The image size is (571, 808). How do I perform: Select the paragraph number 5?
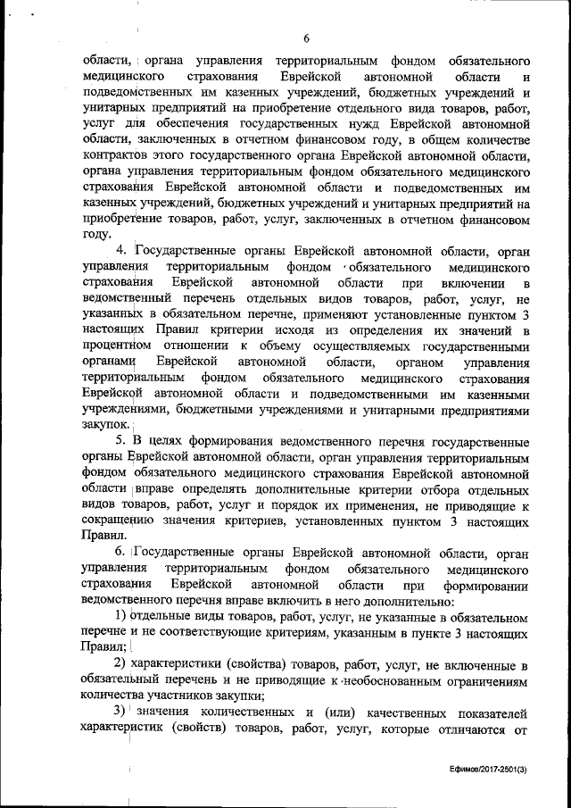point(123,440)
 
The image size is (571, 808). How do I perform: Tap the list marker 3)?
point(123,712)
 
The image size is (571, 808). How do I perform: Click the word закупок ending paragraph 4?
point(104,426)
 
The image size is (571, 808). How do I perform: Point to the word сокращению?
point(118,521)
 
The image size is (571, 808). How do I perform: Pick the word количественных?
point(242,712)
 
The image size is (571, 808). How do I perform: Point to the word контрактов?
point(115,154)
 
